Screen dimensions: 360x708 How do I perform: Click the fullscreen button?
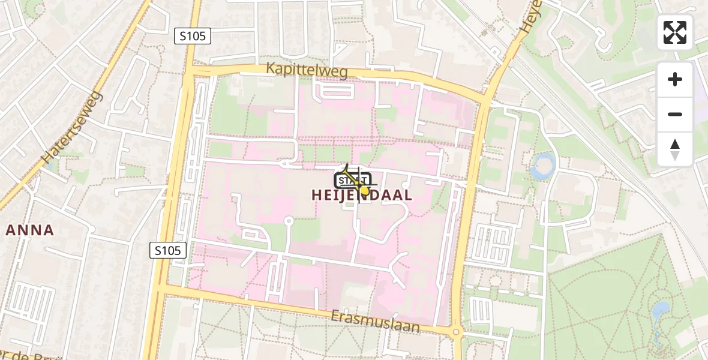click(675, 32)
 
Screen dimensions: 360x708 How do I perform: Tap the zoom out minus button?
click(675, 114)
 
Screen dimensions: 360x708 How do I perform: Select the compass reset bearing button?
click(675, 149)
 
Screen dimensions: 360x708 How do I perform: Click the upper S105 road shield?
click(193, 36)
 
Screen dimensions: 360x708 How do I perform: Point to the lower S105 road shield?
click(168, 250)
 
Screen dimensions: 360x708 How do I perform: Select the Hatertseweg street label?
click(73, 127)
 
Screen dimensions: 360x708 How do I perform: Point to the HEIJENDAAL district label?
click(362, 195)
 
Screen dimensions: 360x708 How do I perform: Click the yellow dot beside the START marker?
click(364, 190)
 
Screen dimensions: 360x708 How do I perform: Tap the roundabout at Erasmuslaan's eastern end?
click(456, 332)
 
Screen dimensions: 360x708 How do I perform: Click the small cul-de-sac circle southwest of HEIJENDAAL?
click(289, 221)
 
